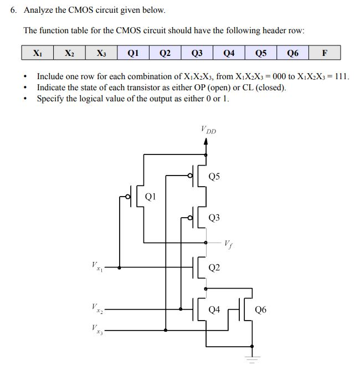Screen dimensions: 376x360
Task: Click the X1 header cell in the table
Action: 37,53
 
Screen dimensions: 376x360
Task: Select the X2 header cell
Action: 69,53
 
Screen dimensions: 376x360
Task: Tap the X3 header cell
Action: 101,53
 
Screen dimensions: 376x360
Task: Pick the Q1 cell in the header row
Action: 133,53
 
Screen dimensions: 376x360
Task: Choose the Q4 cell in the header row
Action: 229,53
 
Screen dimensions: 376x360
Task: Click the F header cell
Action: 325,53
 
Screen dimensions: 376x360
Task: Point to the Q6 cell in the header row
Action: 293,53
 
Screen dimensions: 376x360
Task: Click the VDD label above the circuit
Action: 209,131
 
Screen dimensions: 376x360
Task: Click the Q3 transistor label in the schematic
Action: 215,218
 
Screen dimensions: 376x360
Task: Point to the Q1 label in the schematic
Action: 151,196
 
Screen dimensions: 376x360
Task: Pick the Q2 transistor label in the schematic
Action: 215,268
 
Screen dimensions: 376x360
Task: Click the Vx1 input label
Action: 96,267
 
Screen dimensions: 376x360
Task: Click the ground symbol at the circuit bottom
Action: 253,358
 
